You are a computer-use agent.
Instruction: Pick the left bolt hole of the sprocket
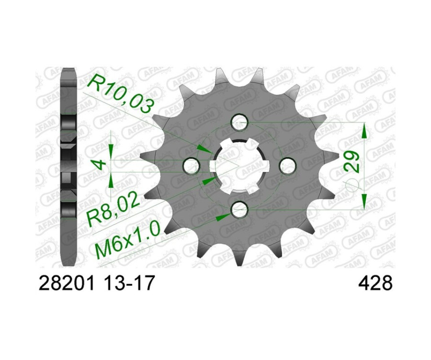[x=193, y=166]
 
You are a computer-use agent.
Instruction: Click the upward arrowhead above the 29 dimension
[x=364, y=130]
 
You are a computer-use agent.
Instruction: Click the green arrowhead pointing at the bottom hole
[x=222, y=217]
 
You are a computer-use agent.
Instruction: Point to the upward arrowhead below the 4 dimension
[x=111, y=180]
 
